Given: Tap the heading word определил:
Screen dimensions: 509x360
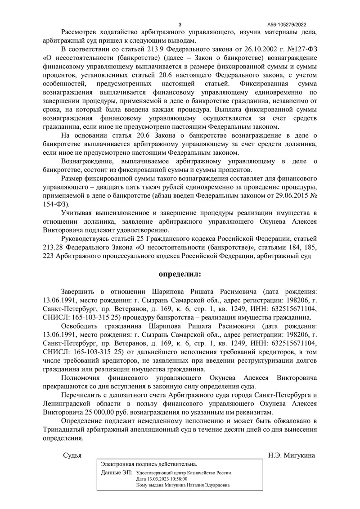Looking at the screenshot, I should pos(180,274).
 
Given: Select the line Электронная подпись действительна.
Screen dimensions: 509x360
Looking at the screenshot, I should pos(149,464).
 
